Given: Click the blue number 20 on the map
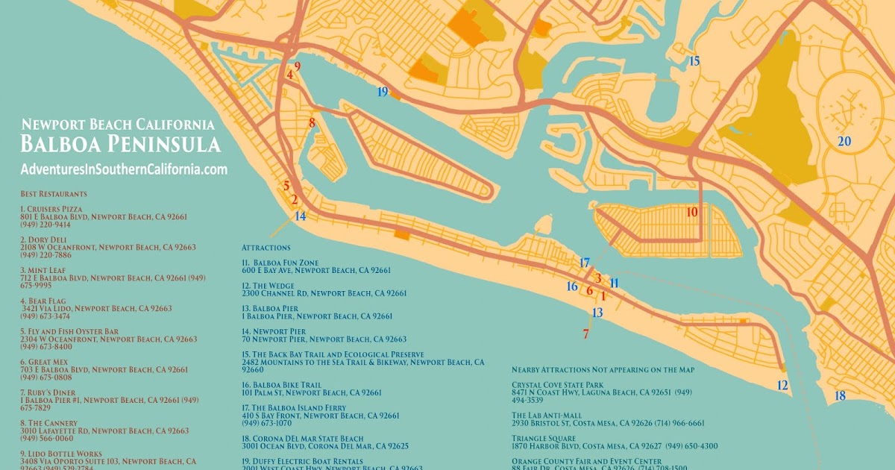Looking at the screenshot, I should tap(844, 141).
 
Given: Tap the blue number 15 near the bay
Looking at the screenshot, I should tap(694, 61).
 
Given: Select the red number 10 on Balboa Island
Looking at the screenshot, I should tap(692, 212).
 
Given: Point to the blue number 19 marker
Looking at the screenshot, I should tap(383, 92).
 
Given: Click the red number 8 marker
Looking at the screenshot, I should tap(312, 122).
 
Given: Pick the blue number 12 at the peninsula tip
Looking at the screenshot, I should tap(782, 386).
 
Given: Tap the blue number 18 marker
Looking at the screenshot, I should tap(840, 395).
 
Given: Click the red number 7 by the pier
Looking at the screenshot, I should tap(585, 333).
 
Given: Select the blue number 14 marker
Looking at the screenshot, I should tap(300, 216).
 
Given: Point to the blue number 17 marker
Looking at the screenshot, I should tap(585, 263).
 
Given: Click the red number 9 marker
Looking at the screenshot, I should tap(297, 66).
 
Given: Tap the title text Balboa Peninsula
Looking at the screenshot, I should tap(120, 144).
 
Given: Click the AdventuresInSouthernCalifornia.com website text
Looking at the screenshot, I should tap(124, 169).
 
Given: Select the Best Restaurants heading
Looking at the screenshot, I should tap(48, 194).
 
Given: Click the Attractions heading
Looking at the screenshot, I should tap(266, 247).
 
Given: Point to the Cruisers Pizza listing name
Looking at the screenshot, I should tap(54, 209).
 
